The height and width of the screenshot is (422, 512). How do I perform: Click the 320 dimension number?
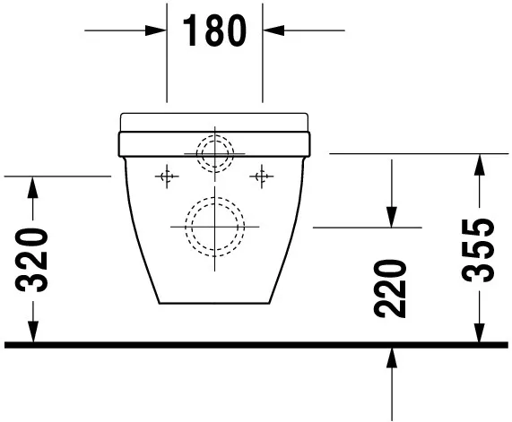coord(32,260)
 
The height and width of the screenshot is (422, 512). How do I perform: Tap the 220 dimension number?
coord(392,289)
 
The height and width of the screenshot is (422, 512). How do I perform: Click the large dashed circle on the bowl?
coord(215,224)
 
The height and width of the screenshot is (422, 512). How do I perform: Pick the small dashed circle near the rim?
coord(215,152)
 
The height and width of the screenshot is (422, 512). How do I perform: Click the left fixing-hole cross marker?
coord(164,177)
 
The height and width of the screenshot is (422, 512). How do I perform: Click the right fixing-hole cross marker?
coord(263,177)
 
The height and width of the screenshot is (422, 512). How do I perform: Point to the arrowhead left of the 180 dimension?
coord(159,30)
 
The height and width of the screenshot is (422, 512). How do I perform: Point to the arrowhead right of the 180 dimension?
coord(272,30)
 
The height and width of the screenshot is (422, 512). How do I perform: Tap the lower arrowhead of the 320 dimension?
coord(32,332)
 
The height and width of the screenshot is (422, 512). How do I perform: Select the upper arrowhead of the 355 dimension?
coord(481,162)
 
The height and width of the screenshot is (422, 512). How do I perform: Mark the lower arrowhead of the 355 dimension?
coord(481,332)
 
